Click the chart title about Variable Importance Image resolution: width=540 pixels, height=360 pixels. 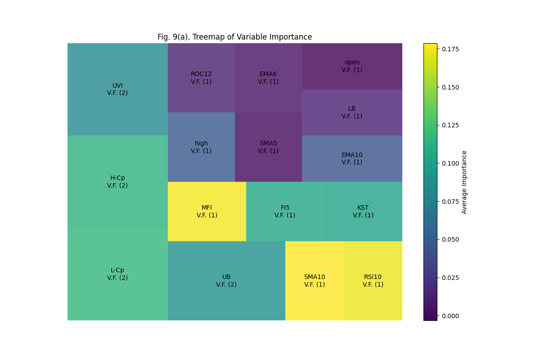tap(234, 37)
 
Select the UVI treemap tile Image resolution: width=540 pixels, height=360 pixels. tap(117, 89)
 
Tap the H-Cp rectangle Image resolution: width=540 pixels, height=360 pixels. tap(117, 182)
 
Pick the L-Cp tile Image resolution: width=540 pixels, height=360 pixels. tap(117, 274)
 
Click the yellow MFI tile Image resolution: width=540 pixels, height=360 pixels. tap(207, 211)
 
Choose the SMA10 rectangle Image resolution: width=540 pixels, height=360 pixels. tap(314, 281)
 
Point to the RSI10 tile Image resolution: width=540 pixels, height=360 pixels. tap(373, 281)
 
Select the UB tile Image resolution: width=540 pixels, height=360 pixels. tap(226, 281)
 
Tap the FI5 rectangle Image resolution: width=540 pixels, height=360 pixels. tap(285, 211)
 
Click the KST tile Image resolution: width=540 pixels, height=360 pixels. tap(363, 211)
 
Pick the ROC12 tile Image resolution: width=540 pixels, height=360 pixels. tap(201, 78)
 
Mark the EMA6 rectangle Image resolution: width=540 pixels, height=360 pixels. tap(268, 78)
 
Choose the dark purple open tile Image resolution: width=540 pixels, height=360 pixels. tap(352, 66)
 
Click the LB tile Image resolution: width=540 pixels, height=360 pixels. tap(352, 112)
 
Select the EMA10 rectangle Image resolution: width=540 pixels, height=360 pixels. tap(352, 158)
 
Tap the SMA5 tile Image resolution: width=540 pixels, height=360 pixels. tap(268, 147)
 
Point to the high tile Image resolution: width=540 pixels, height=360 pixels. tap(201, 147)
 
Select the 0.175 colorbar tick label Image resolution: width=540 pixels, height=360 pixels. tap(450, 49)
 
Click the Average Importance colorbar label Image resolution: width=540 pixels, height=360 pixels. tap(464, 182)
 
